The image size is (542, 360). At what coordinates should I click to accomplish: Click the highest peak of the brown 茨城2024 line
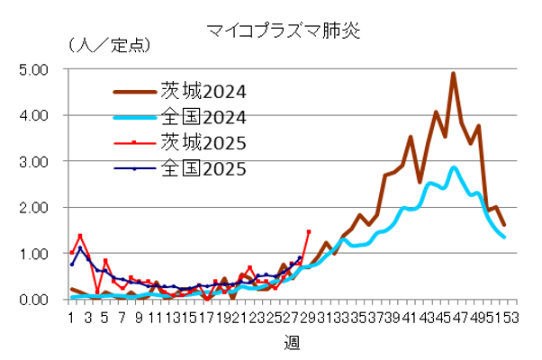453,74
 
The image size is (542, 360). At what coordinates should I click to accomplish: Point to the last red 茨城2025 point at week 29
309,231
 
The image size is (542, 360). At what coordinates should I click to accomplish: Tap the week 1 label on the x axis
70,318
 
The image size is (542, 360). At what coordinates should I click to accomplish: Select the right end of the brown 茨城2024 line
504,225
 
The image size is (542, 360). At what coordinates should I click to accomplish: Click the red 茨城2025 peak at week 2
79,236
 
